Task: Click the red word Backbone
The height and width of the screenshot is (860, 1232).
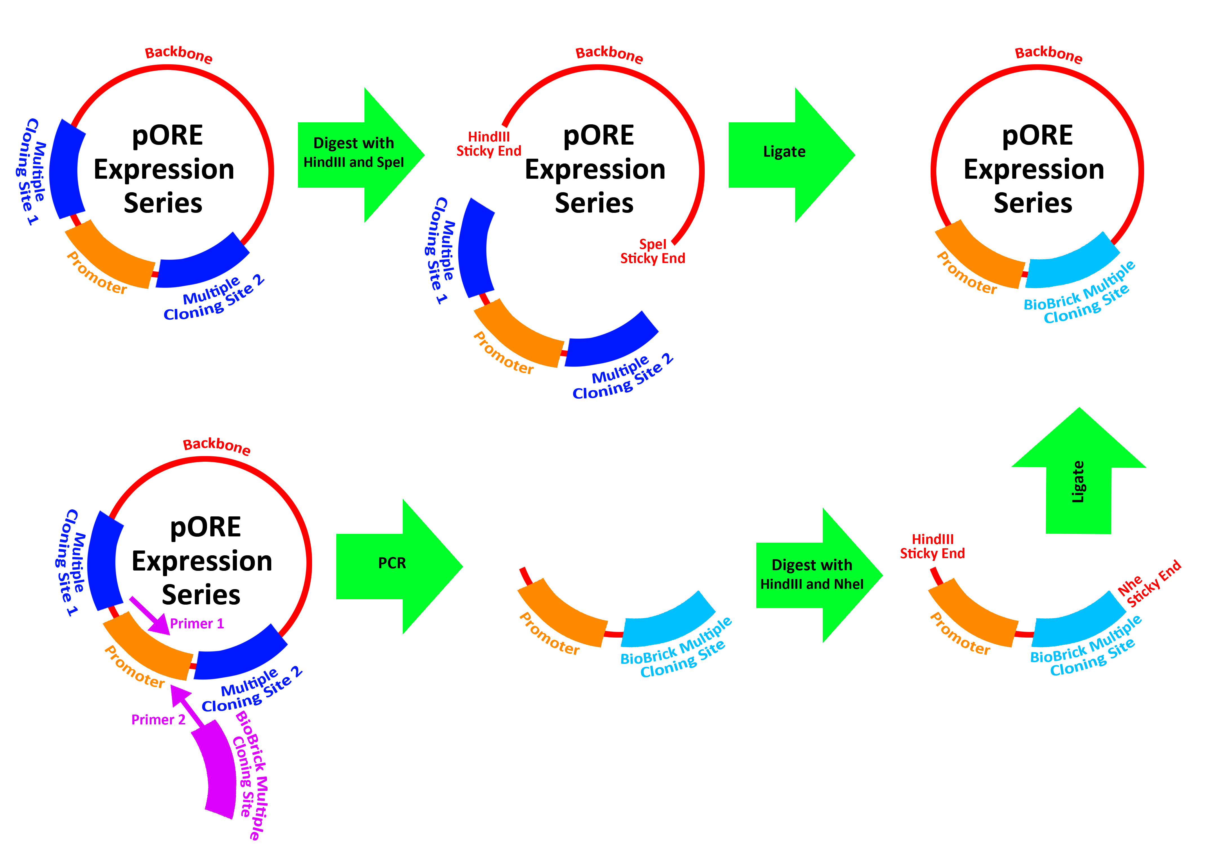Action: tap(178, 54)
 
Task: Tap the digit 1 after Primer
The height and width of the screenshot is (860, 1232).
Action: tap(220, 623)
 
